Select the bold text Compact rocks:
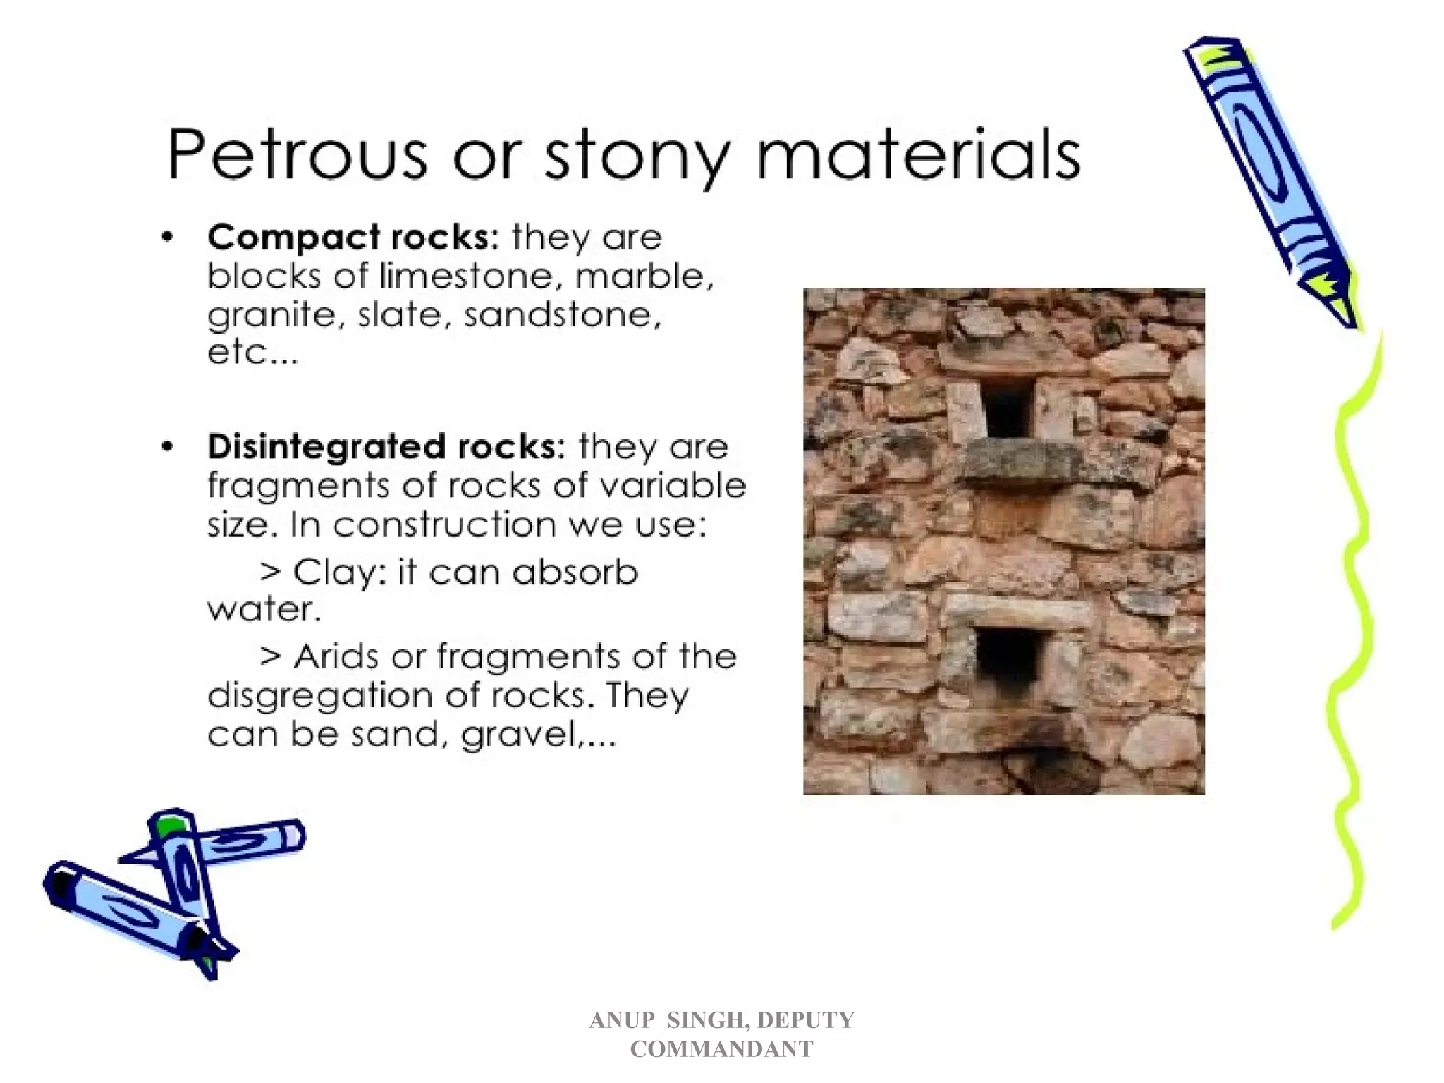click(x=353, y=237)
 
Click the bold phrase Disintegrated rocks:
click(x=386, y=447)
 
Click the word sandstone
click(x=563, y=314)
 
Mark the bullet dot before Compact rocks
click(x=167, y=238)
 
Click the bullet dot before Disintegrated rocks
click(x=167, y=447)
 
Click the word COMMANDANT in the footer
click(x=721, y=1048)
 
